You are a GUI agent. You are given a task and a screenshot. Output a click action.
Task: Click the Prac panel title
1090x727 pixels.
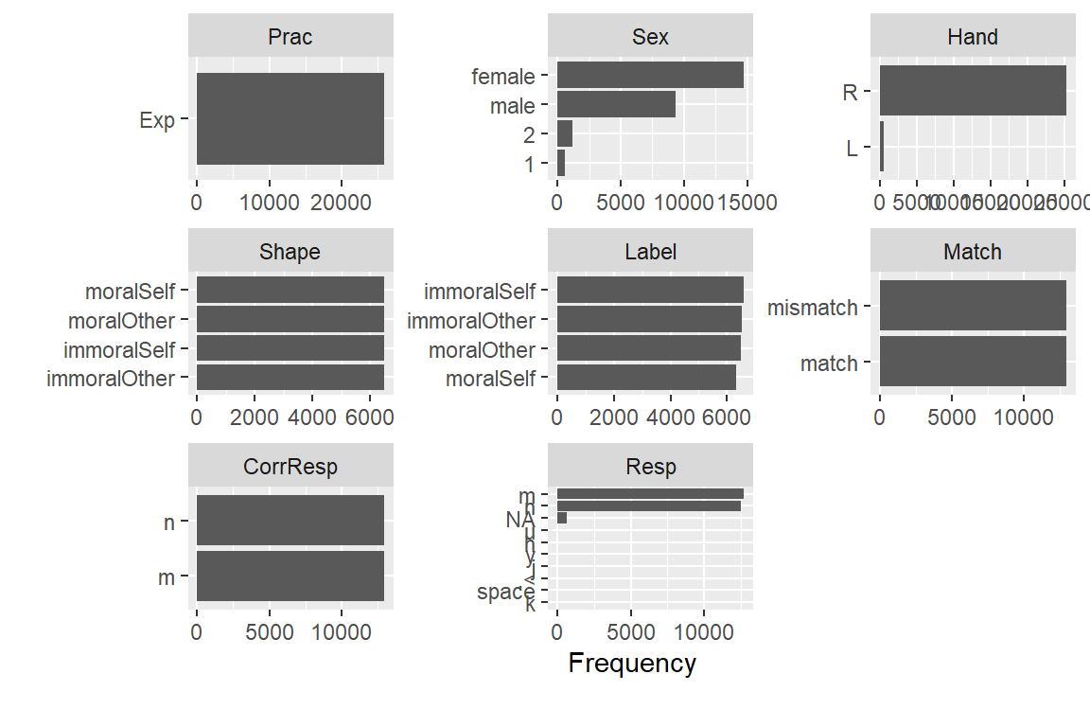290,37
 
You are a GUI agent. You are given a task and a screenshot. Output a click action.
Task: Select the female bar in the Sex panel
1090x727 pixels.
650,76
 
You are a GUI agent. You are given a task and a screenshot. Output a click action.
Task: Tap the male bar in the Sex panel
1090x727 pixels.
616,105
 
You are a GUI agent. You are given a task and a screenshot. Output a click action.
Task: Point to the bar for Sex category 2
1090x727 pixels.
565,134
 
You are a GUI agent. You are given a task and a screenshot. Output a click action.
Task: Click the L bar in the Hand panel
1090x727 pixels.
882,147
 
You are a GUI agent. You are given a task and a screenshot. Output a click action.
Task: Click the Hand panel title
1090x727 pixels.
972,37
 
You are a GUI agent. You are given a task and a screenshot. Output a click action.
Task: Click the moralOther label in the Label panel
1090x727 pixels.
482,350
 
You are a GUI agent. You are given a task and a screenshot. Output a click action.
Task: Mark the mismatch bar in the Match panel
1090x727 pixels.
973,307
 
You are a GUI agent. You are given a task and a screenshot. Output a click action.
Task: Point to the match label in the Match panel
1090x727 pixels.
829,363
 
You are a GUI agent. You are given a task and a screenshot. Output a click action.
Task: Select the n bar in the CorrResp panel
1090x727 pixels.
290,522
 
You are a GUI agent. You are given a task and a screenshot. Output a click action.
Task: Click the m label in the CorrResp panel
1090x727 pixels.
167,577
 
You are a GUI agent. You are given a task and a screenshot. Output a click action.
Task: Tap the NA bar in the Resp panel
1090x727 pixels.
562,518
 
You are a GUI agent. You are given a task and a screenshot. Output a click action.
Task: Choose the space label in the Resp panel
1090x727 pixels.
505,593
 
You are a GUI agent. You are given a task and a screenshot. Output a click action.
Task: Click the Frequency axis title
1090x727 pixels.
632,664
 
